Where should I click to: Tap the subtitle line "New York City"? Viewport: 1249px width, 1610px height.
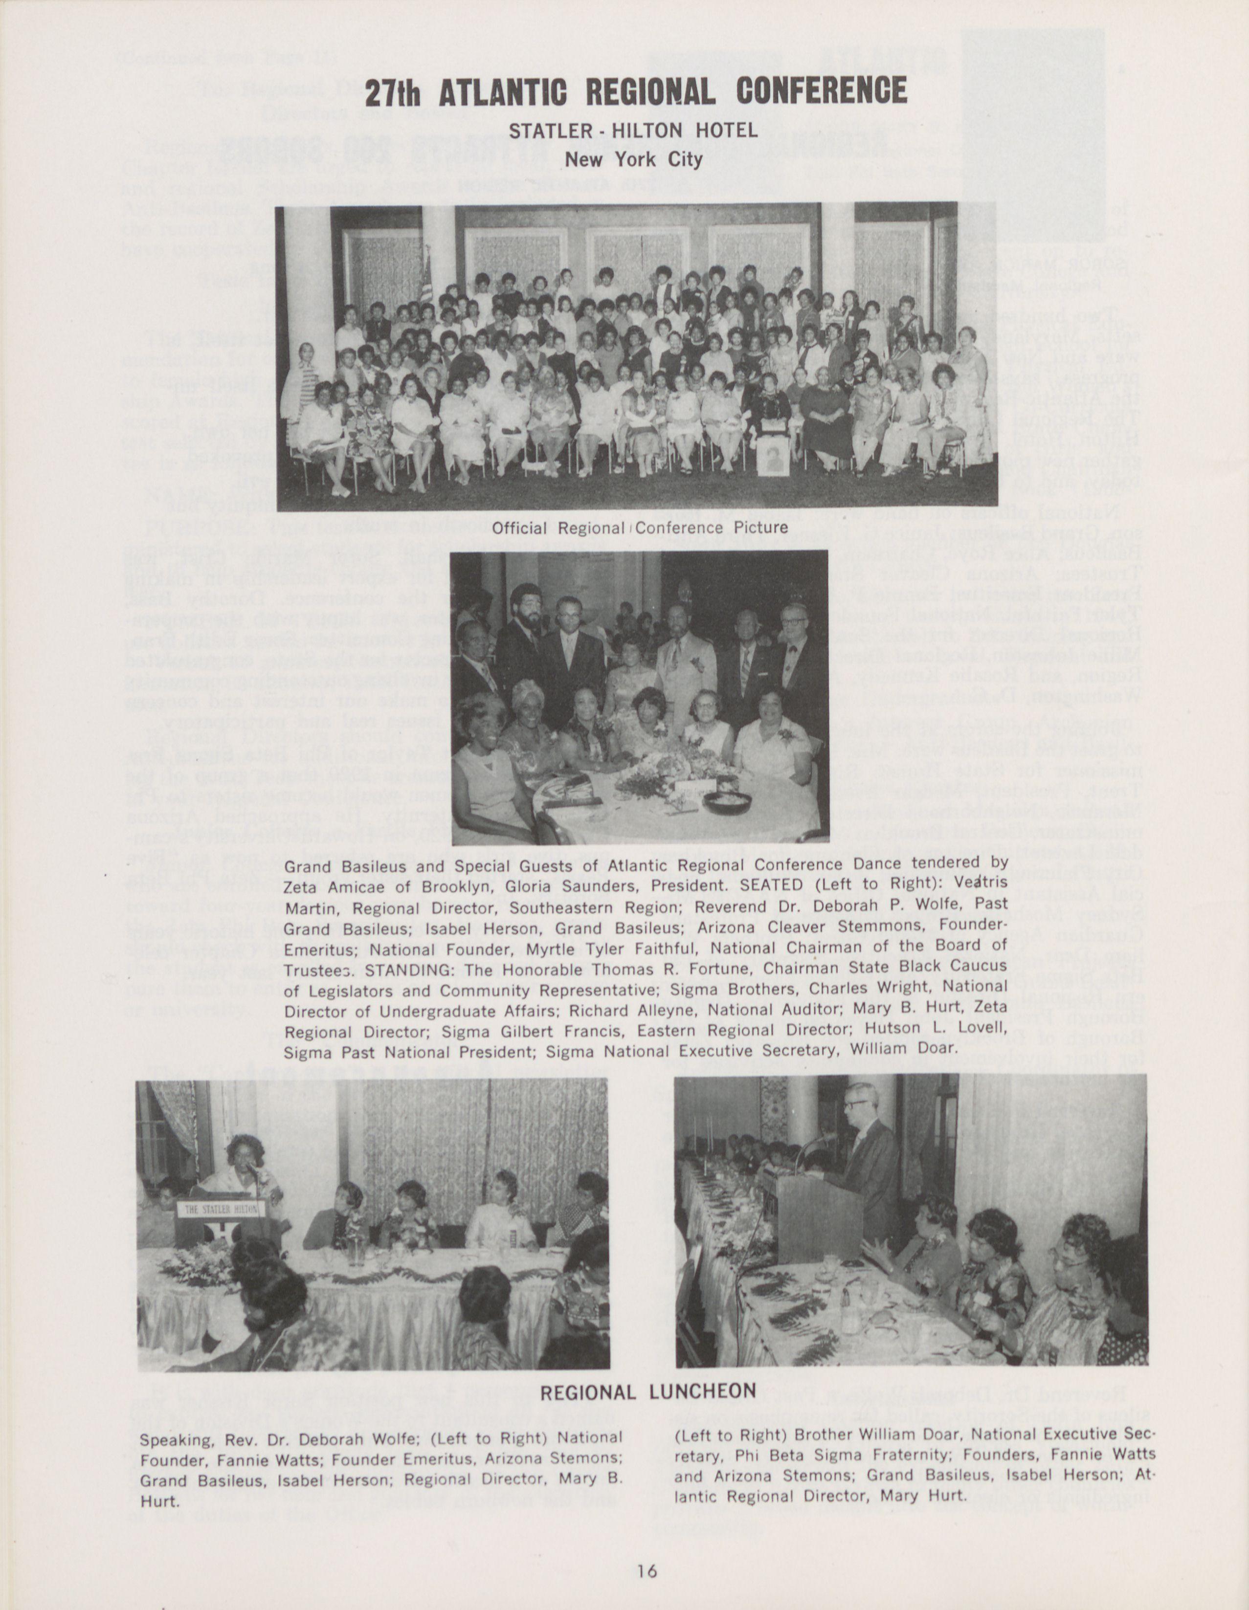click(633, 159)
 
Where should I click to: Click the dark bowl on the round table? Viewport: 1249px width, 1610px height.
click(728, 801)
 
